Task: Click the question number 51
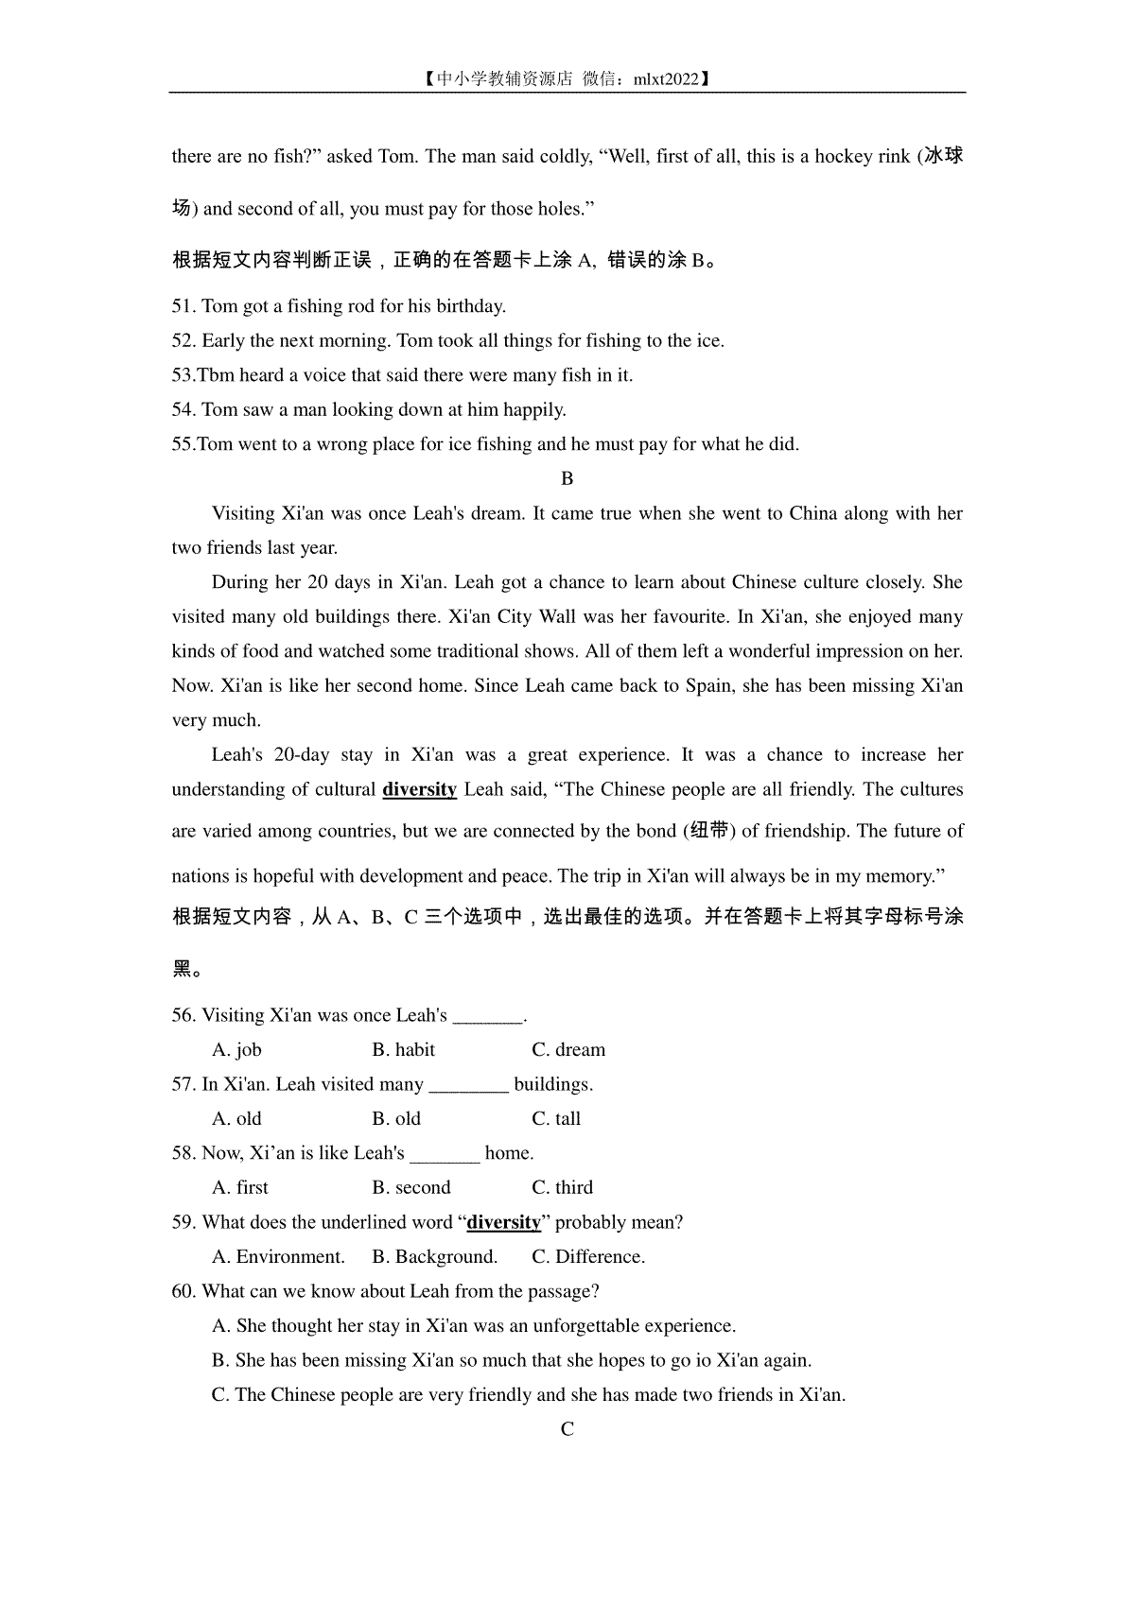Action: click(183, 306)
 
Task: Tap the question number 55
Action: click(183, 444)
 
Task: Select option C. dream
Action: click(568, 1050)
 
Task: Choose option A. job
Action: click(236, 1050)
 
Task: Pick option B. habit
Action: click(404, 1050)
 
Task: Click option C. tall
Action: click(556, 1119)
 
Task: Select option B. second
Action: click(411, 1188)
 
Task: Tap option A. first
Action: click(240, 1188)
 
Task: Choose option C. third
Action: click(563, 1188)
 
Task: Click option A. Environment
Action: click(279, 1257)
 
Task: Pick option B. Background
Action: click(435, 1257)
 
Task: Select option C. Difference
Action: click(588, 1257)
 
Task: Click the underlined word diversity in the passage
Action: click(419, 789)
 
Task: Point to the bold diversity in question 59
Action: click(504, 1222)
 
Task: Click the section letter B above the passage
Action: click(567, 479)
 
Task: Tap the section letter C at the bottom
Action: click(567, 1430)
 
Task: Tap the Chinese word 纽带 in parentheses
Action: click(708, 831)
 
